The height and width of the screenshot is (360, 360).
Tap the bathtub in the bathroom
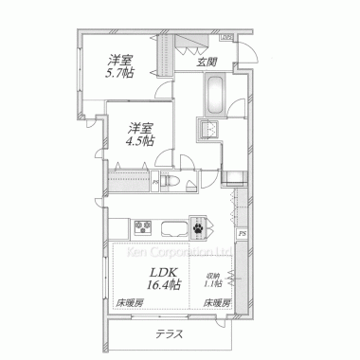point(213,96)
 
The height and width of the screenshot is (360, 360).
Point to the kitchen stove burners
point(143,225)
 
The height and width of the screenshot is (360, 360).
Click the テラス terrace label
point(170,334)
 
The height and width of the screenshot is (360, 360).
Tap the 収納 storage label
point(212,274)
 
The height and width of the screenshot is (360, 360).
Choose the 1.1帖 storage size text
point(212,283)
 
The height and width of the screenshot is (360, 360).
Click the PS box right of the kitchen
point(243,234)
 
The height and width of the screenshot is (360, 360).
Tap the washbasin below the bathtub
point(207,132)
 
